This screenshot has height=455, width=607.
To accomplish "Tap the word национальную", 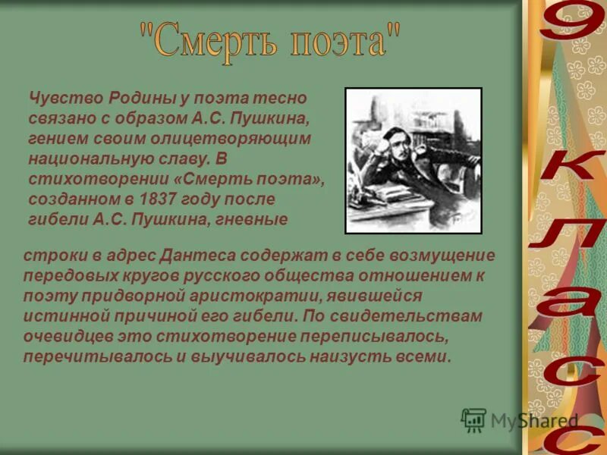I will pos(83,159).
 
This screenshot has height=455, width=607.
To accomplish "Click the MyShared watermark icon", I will pos(474,420).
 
